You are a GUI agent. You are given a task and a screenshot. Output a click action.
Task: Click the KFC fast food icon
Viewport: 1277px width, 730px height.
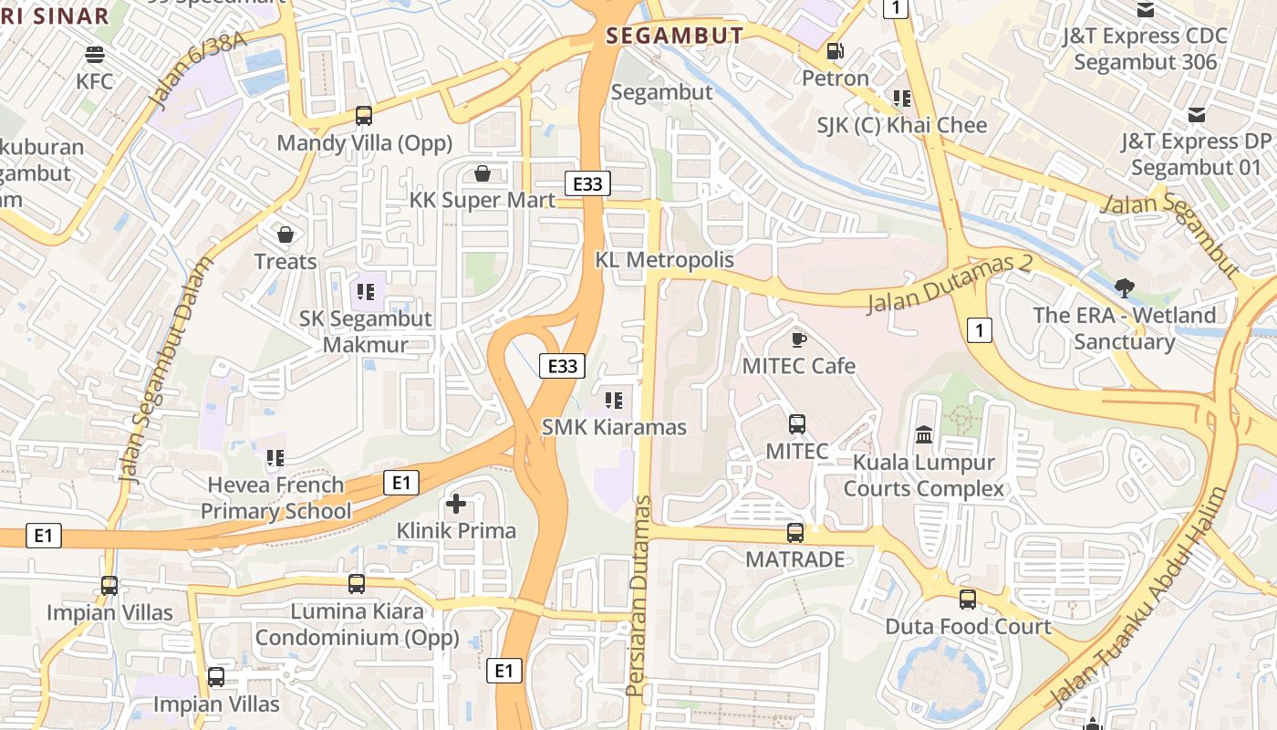click(x=95, y=54)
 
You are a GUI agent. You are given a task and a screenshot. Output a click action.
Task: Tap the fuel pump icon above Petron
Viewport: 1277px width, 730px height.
click(x=835, y=51)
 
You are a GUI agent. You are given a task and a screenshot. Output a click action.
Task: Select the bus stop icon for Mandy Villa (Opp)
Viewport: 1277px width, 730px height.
click(x=364, y=116)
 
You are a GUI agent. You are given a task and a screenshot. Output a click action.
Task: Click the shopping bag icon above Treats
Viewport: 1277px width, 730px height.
click(x=286, y=235)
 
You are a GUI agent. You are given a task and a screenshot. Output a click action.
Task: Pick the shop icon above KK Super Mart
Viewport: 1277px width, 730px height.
click(x=483, y=173)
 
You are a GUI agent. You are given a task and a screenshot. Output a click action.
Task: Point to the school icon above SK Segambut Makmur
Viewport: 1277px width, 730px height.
click(x=366, y=292)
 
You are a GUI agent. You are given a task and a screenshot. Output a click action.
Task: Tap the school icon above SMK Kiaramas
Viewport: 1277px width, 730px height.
click(x=614, y=400)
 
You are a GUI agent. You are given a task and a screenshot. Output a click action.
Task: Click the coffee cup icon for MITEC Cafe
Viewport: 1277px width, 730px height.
click(x=799, y=339)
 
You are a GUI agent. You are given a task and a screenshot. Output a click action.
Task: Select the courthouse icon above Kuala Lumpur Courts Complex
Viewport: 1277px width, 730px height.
click(x=923, y=435)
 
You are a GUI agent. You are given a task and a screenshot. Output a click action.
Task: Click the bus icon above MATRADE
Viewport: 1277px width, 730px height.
click(x=795, y=533)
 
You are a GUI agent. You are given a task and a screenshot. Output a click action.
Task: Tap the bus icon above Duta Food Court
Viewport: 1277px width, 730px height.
click(x=968, y=600)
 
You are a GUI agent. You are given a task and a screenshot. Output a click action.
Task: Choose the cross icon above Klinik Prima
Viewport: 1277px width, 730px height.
click(x=456, y=504)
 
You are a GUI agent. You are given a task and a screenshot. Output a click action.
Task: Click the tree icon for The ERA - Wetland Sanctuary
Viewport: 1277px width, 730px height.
click(x=1124, y=288)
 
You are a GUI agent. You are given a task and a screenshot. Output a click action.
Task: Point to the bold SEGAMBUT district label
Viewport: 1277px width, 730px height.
click(x=675, y=36)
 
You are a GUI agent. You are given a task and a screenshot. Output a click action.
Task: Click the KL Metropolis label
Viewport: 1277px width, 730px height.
click(x=664, y=260)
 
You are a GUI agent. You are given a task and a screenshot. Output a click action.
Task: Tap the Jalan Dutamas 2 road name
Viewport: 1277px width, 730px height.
click(x=949, y=284)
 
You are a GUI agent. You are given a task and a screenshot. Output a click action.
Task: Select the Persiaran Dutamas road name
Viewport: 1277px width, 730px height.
click(x=640, y=595)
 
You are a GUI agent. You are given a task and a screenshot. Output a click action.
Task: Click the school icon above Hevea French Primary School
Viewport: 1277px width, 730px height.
click(x=275, y=458)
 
